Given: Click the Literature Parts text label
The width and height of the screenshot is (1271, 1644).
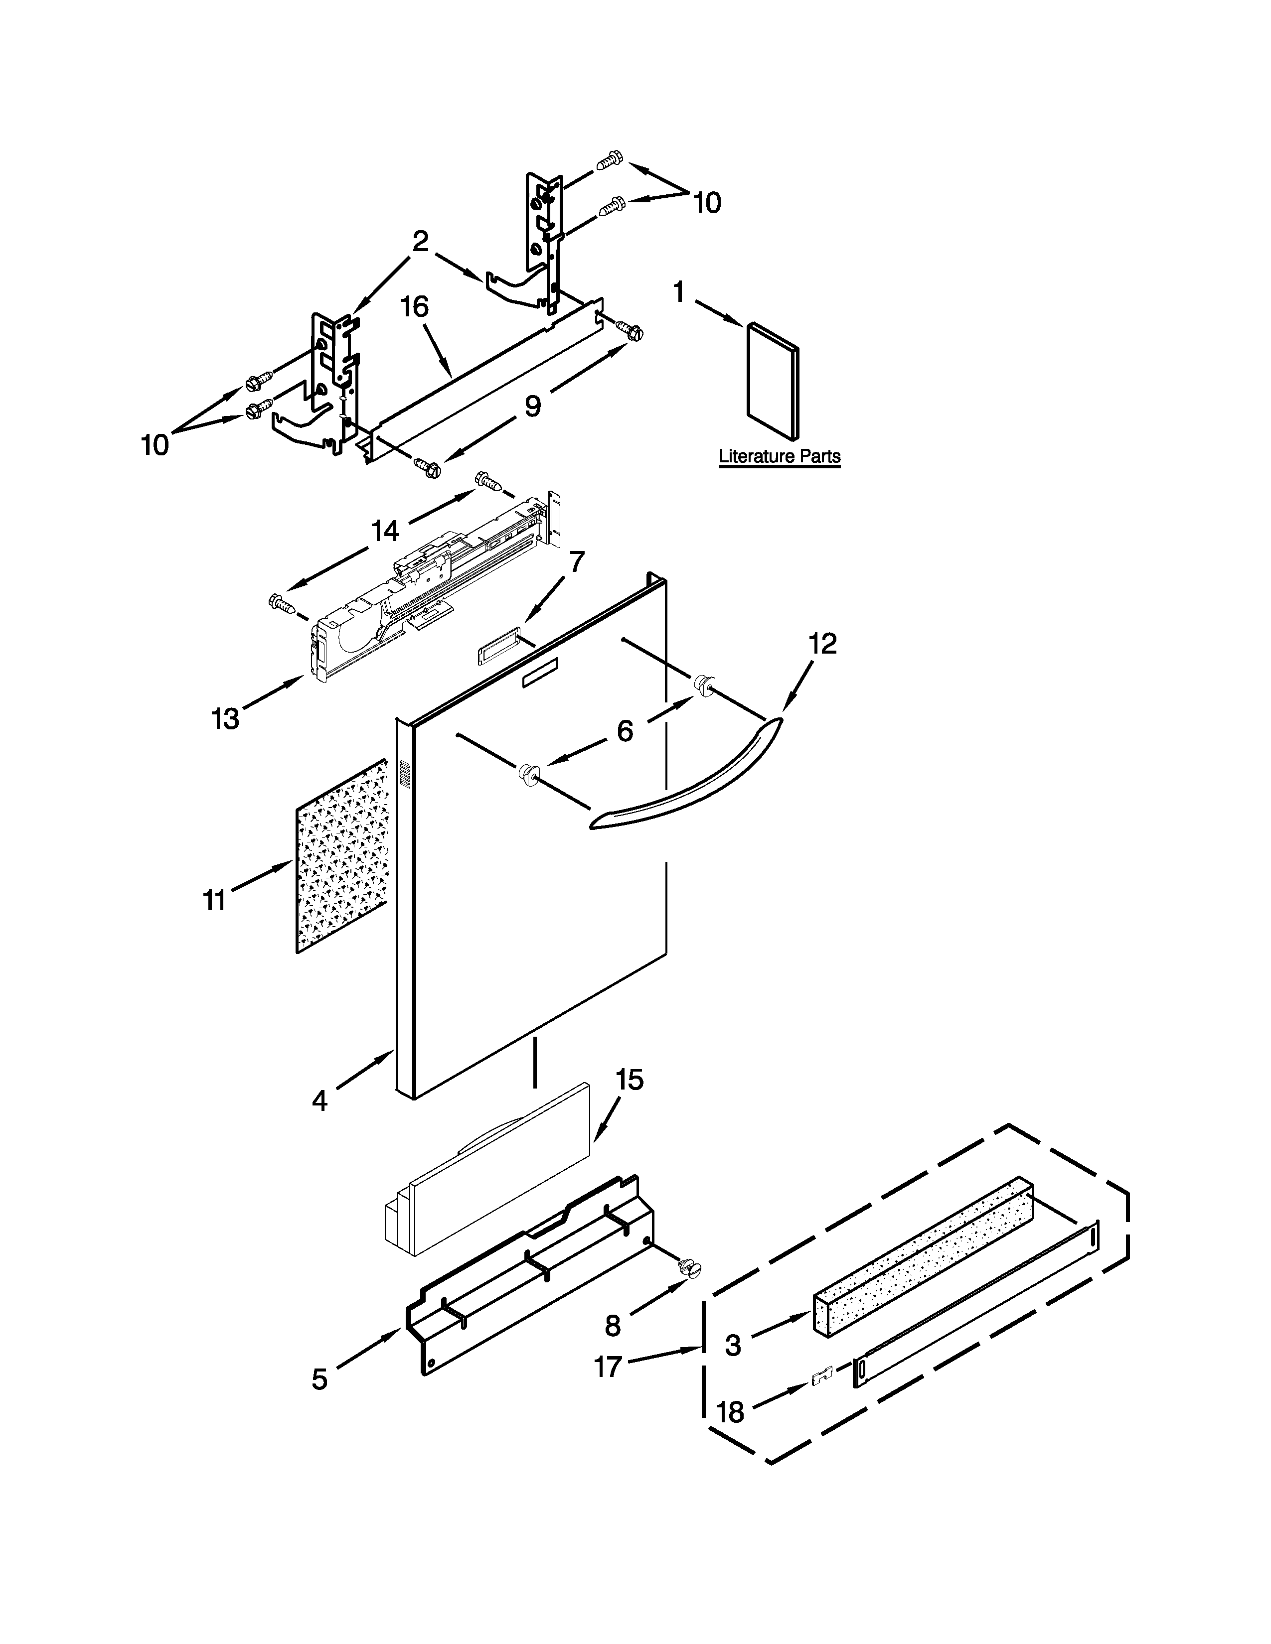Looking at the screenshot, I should pyautogui.click(x=780, y=456).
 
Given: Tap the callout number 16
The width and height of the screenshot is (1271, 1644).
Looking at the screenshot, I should pyautogui.click(x=414, y=307).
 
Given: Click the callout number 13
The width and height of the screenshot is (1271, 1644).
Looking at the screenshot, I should pyautogui.click(x=225, y=719).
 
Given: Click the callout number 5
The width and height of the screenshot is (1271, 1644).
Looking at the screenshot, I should pyautogui.click(x=319, y=1379).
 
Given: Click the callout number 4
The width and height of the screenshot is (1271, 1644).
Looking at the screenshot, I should pyautogui.click(x=319, y=1101).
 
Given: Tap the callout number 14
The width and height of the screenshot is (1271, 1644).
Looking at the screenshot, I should pyautogui.click(x=385, y=532).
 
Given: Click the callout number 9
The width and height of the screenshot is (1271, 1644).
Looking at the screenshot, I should pyautogui.click(x=532, y=407).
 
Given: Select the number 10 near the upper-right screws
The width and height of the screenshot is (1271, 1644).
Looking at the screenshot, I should pyautogui.click(x=706, y=202).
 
